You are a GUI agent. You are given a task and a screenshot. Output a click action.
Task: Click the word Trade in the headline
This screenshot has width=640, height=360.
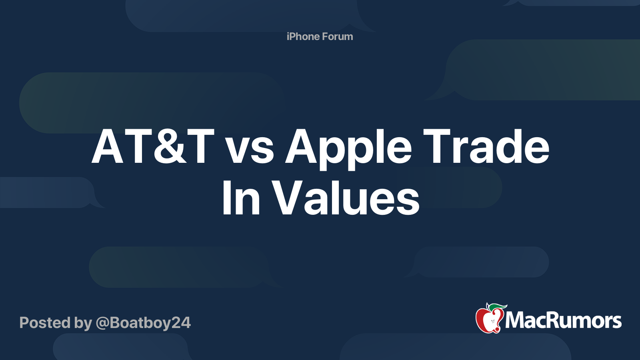click(x=486, y=147)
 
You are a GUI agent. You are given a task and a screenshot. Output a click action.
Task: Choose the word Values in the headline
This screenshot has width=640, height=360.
click(x=346, y=198)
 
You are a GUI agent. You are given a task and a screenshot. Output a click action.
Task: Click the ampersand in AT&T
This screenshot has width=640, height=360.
click(x=170, y=147)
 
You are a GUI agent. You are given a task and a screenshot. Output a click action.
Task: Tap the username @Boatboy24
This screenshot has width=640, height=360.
click(x=143, y=323)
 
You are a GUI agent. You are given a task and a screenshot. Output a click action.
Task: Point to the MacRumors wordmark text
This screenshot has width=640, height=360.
click(x=563, y=320)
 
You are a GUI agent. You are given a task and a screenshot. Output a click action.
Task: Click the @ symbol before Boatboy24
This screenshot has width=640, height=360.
click(x=102, y=323)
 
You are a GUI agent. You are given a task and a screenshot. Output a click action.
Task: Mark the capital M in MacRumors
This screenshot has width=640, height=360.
click(x=516, y=320)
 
